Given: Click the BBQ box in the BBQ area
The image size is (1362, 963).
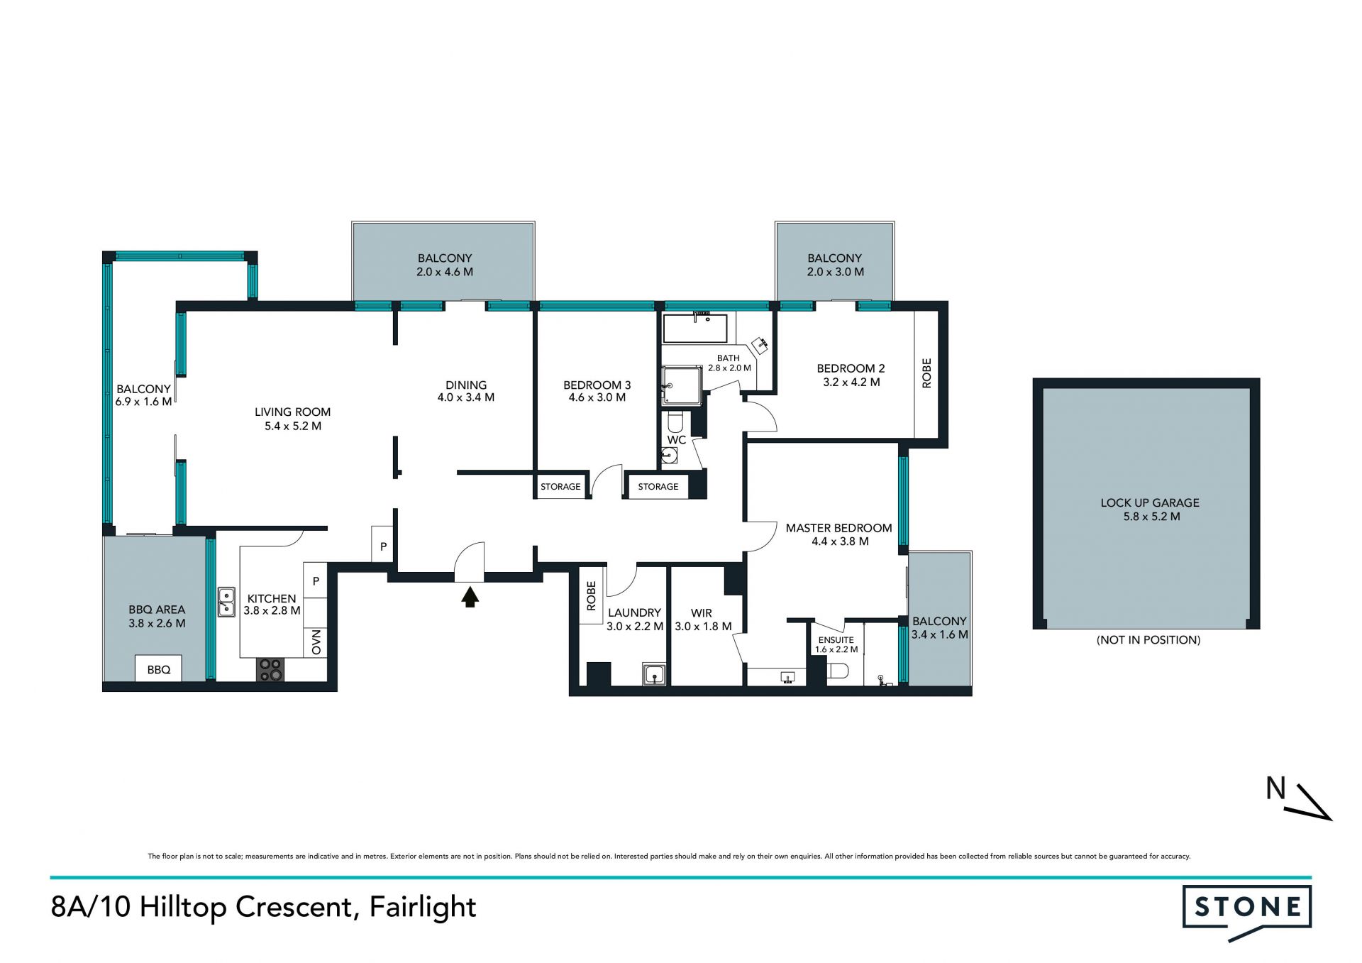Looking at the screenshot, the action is pos(158,669).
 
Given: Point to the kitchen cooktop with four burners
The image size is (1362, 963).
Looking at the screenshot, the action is pos(270,670).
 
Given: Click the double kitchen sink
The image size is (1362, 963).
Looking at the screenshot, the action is pos(226,602).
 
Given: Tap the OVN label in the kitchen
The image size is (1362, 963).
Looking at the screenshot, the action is pos(316,642).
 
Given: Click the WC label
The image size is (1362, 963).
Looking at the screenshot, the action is pos(676,440).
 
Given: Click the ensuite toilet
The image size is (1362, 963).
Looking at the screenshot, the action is pos(838,671).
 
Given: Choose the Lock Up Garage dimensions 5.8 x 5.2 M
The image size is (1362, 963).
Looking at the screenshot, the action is pos(1151,517).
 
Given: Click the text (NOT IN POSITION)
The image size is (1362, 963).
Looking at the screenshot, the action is pos(1148,640).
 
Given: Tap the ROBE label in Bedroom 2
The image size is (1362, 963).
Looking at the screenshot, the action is pos(926,373).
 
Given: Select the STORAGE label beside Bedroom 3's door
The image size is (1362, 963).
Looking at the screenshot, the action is pos(560,487).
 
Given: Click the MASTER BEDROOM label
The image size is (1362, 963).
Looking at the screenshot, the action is pos(838,528).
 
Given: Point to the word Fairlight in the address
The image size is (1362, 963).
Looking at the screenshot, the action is pos(423,908).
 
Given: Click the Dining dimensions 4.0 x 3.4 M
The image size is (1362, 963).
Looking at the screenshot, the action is pos(466,397).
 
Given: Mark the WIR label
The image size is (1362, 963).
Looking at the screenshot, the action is pos(702,613).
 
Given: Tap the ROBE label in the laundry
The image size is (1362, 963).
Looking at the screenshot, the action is pos(591,596).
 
